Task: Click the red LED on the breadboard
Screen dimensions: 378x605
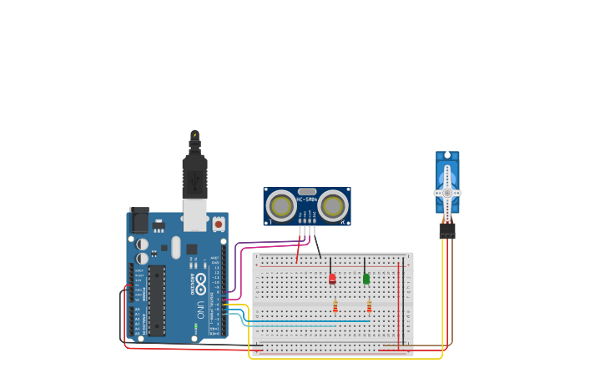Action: pos(332,278)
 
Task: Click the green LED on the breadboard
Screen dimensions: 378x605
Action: pos(366,278)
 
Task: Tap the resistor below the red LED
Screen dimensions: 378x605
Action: pos(335,307)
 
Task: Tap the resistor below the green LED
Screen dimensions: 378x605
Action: pos(369,307)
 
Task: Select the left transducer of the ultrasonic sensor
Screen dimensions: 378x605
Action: pos(280,205)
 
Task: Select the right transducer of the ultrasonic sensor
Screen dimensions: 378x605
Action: pos(333,205)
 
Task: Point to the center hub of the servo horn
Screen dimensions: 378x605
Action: pos(447,193)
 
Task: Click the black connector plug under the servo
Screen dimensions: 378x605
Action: pos(447,230)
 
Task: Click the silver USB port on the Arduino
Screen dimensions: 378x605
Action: pos(194,215)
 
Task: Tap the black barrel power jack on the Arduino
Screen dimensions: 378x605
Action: pos(139,220)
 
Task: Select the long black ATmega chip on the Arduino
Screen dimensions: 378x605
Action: pos(156,300)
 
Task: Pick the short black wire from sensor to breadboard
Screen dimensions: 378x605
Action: pos(316,246)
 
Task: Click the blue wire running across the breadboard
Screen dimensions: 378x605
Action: pos(309,321)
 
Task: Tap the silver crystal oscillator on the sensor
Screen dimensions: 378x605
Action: pos(306,191)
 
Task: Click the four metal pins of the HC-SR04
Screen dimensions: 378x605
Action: pos(306,230)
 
